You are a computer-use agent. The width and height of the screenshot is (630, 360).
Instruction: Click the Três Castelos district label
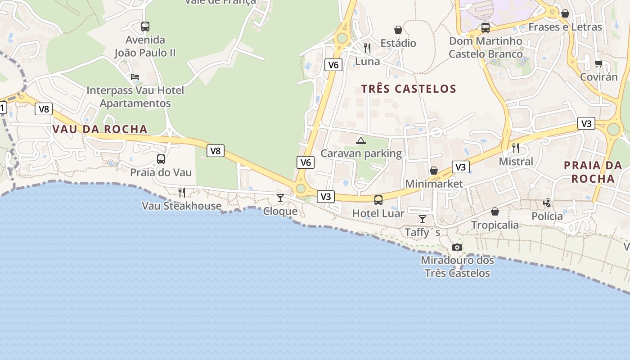pyautogui.click(x=409, y=89)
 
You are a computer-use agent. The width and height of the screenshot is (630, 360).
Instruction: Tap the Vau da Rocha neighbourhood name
pyautogui.click(x=100, y=129)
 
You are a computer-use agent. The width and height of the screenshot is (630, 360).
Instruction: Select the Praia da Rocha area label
pyautogui.click(x=593, y=172)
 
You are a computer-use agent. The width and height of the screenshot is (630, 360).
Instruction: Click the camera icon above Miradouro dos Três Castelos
pyautogui.click(x=457, y=247)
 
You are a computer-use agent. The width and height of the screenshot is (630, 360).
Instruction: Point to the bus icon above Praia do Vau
pyautogui.click(x=161, y=159)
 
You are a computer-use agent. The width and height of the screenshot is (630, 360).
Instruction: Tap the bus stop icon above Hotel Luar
pyautogui.click(x=378, y=200)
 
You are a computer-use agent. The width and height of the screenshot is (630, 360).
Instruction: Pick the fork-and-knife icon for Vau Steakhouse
pyautogui.click(x=182, y=193)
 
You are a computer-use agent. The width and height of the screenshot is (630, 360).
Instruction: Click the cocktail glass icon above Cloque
pyautogui.click(x=280, y=198)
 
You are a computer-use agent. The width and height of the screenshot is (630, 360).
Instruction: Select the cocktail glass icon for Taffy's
pyautogui.click(x=422, y=219)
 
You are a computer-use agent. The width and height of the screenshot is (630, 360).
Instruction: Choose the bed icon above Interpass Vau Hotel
pyautogui.click(x=135, y=77)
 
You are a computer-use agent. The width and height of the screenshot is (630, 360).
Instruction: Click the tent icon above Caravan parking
pyautogui.click(x=361, y=140)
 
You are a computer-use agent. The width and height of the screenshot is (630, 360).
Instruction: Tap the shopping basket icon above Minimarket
pyautogui.click(x=434, y=171)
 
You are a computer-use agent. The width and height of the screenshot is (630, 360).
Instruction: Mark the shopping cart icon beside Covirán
pyautogui.click(x=598, y=63)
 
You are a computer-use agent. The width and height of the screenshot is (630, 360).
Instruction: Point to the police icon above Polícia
pyautogui.click(x=547, y=203)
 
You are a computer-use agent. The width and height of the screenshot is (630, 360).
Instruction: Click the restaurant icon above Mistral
pyautogui.click(x=516, y=148)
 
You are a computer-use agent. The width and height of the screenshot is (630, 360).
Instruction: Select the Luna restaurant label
pyautogui.click(x=368, y=61)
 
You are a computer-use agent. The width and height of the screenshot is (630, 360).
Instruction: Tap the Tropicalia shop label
pyautogui.click(x=495, y=225)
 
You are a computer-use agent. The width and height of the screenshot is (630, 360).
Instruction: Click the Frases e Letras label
pyautogui.click(x=565, y=27)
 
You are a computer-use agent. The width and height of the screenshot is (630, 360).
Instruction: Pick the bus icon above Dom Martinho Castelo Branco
pyautogui.click(x=485, y=27)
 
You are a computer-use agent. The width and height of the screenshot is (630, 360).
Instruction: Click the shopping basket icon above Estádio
pyautogui.click(x=398, y=30)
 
